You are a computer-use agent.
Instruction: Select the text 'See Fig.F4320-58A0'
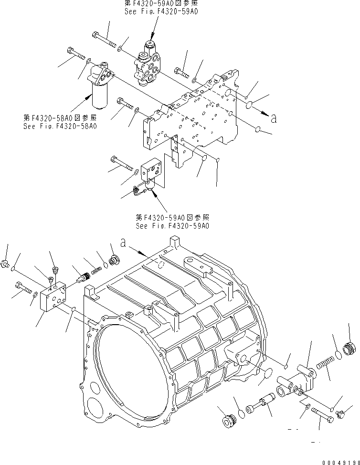click(60, 127)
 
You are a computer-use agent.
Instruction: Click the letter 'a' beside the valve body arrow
click(274, 119)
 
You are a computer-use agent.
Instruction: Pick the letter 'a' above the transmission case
click(124, 243)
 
